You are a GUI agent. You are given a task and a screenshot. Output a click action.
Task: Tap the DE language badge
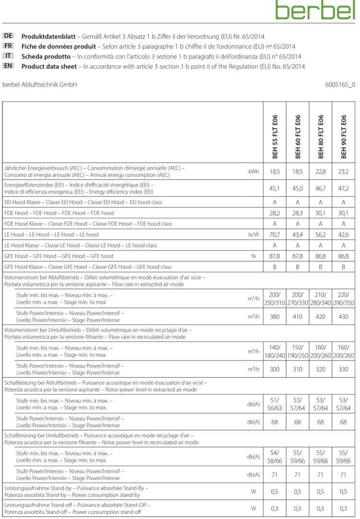click(9, 36)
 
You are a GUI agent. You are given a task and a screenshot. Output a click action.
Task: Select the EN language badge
click(9, 66)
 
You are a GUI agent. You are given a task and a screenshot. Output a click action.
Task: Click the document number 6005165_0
click(340, 84)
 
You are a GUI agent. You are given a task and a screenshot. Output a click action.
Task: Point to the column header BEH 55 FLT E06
click(275, 137)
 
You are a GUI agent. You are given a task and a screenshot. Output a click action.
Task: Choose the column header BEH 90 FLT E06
click(344, 137)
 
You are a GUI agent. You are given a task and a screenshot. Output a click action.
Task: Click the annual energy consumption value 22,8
click(320, 171)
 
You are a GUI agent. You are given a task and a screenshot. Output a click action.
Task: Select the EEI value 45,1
click(275, 188)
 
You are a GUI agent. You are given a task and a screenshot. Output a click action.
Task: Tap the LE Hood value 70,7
click(275, 235)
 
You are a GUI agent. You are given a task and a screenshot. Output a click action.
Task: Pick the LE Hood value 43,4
click(298, 235)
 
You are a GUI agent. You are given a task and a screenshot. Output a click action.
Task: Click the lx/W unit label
click(253, 235)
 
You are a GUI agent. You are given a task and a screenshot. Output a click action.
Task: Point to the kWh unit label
click(254, 171)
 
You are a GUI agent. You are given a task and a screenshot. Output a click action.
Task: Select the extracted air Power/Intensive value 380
click(275, 316)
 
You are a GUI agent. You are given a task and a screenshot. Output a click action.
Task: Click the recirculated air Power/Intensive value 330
click(344, 369)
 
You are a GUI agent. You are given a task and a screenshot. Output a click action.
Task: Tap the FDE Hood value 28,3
click(298, 213)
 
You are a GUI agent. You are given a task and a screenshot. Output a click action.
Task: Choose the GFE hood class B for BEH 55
click(275, 267)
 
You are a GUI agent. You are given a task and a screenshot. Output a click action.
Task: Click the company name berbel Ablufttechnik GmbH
click(40, 84)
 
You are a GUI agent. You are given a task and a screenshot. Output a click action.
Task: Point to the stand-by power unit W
click(253, 491)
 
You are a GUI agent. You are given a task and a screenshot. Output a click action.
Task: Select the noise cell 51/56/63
click(275, 404)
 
